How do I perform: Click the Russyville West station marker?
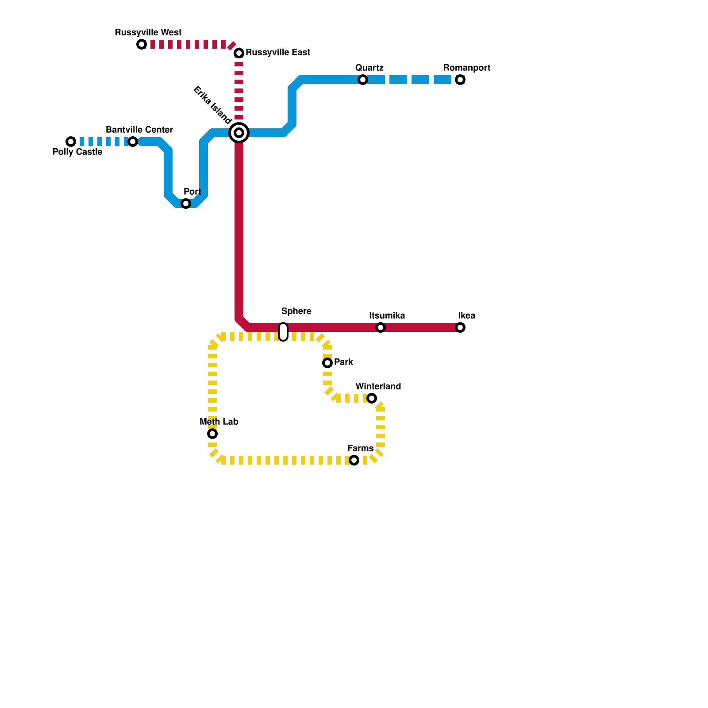142,44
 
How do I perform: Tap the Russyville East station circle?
239,53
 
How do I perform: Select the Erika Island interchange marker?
239,133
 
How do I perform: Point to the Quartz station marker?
363,80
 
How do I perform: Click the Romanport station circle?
460,80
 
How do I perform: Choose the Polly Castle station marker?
71,142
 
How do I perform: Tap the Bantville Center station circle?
133,142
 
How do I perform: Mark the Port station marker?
186,204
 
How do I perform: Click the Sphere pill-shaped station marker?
283,332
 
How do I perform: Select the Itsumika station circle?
381,327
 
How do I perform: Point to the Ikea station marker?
460,327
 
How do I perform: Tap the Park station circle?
327,363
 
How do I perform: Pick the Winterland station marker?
372,398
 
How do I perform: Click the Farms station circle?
354,460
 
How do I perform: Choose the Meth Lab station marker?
212,434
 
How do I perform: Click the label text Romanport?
466,68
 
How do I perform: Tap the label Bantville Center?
139,130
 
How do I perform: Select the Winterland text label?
378,387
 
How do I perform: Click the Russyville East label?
278,53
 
